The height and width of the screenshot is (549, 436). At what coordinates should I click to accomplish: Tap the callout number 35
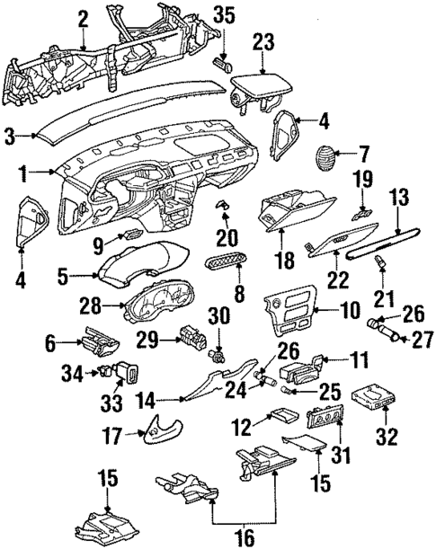(x=223, y=15)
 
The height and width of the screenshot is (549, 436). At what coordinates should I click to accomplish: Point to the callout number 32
(x=387, y=438)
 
